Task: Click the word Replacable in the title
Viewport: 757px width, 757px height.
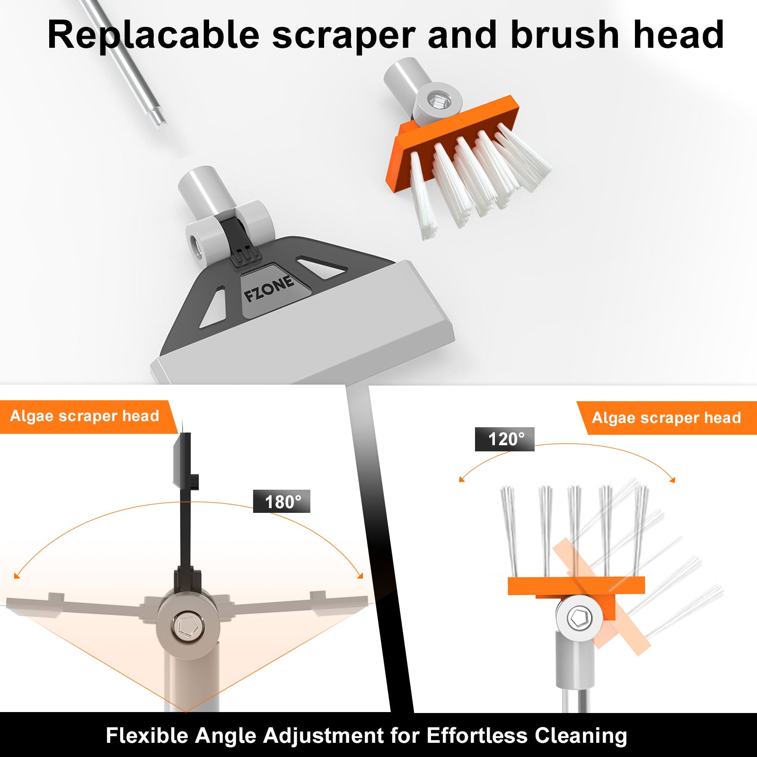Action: coord(154,35)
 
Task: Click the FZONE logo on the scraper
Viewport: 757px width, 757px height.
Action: coord(269,289)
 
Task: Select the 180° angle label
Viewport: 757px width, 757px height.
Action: coord(282,502)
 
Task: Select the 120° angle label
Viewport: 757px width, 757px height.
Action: coord(505,439)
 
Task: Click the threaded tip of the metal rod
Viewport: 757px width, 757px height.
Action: coord(157,116)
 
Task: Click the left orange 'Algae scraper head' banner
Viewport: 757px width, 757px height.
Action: coord(88,417)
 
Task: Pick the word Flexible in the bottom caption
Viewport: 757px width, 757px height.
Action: coord(147,736)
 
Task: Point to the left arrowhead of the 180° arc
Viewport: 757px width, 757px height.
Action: coord(17,575)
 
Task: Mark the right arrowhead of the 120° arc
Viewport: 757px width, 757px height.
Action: coord(672,480)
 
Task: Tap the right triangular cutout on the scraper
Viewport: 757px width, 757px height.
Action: coord(322,267)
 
